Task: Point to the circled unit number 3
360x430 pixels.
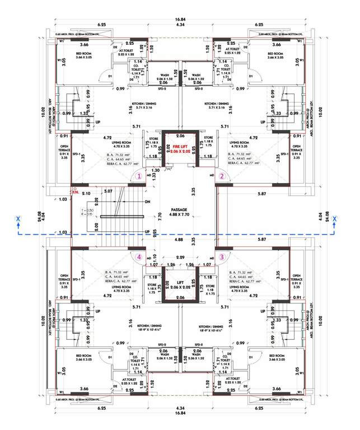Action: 222,257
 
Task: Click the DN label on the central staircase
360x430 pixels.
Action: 147,202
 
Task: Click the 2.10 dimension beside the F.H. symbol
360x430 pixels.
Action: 86,193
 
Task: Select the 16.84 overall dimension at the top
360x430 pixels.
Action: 180,20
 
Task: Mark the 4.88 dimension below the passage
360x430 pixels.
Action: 180,240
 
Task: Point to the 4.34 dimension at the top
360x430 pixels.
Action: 180,25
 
